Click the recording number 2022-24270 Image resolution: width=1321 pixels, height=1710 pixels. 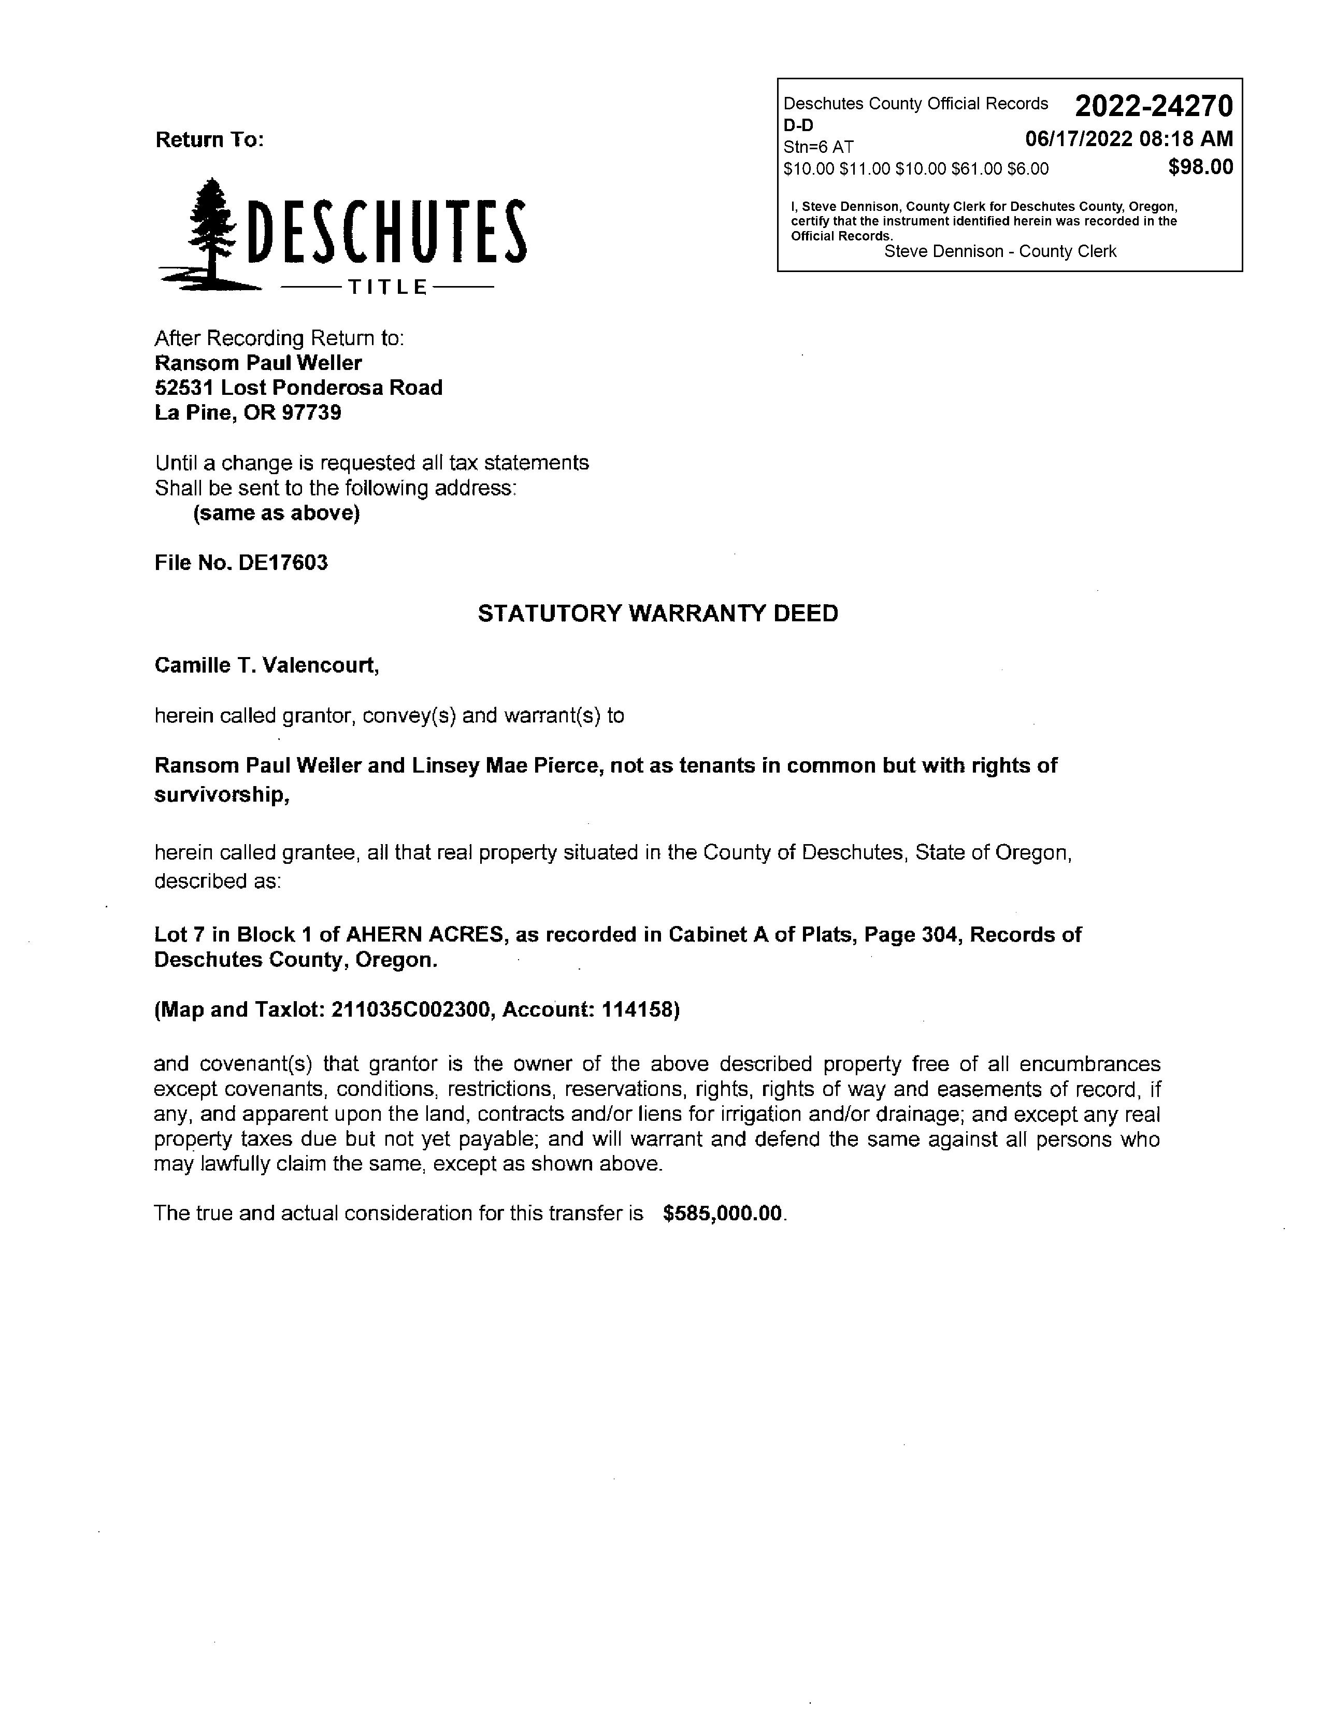pos(1154,106)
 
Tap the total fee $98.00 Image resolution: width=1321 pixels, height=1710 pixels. pos(1200,167)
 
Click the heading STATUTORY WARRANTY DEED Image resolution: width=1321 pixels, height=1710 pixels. pos(657,613)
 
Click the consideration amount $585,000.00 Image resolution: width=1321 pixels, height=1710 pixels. pos(722,1214)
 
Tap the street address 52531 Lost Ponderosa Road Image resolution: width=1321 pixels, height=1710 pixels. pos(298,388)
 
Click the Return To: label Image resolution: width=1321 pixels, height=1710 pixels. pos(210,140)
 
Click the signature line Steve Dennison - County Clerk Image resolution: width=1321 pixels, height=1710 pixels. pos(999,251)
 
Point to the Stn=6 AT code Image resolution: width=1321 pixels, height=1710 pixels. pos(818,147)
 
